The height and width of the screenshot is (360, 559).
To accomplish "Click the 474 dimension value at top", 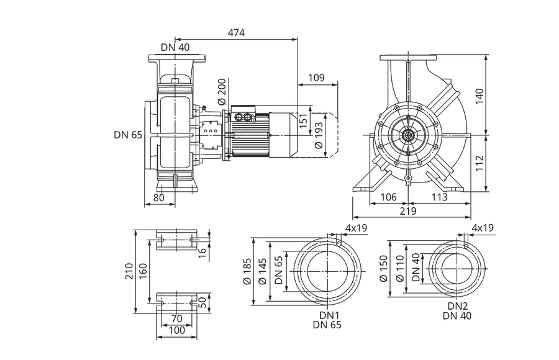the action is tap(237, 33).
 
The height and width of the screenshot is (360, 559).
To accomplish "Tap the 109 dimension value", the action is tap(316, 78).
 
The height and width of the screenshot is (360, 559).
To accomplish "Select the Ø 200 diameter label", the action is tap(222, 92).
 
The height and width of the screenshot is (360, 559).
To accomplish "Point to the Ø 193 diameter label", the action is tap(319, 135).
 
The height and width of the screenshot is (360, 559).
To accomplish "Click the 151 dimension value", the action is tap(302, 121).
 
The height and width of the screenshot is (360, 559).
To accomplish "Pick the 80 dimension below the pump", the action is tap(158, 198).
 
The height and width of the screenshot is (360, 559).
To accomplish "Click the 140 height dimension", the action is tap(479, 96).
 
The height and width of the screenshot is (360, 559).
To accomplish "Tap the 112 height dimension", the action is tap(479, 163).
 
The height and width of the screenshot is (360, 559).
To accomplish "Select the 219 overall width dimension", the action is tap(408, 212).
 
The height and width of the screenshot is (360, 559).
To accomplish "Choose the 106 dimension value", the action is tap(388, 197).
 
